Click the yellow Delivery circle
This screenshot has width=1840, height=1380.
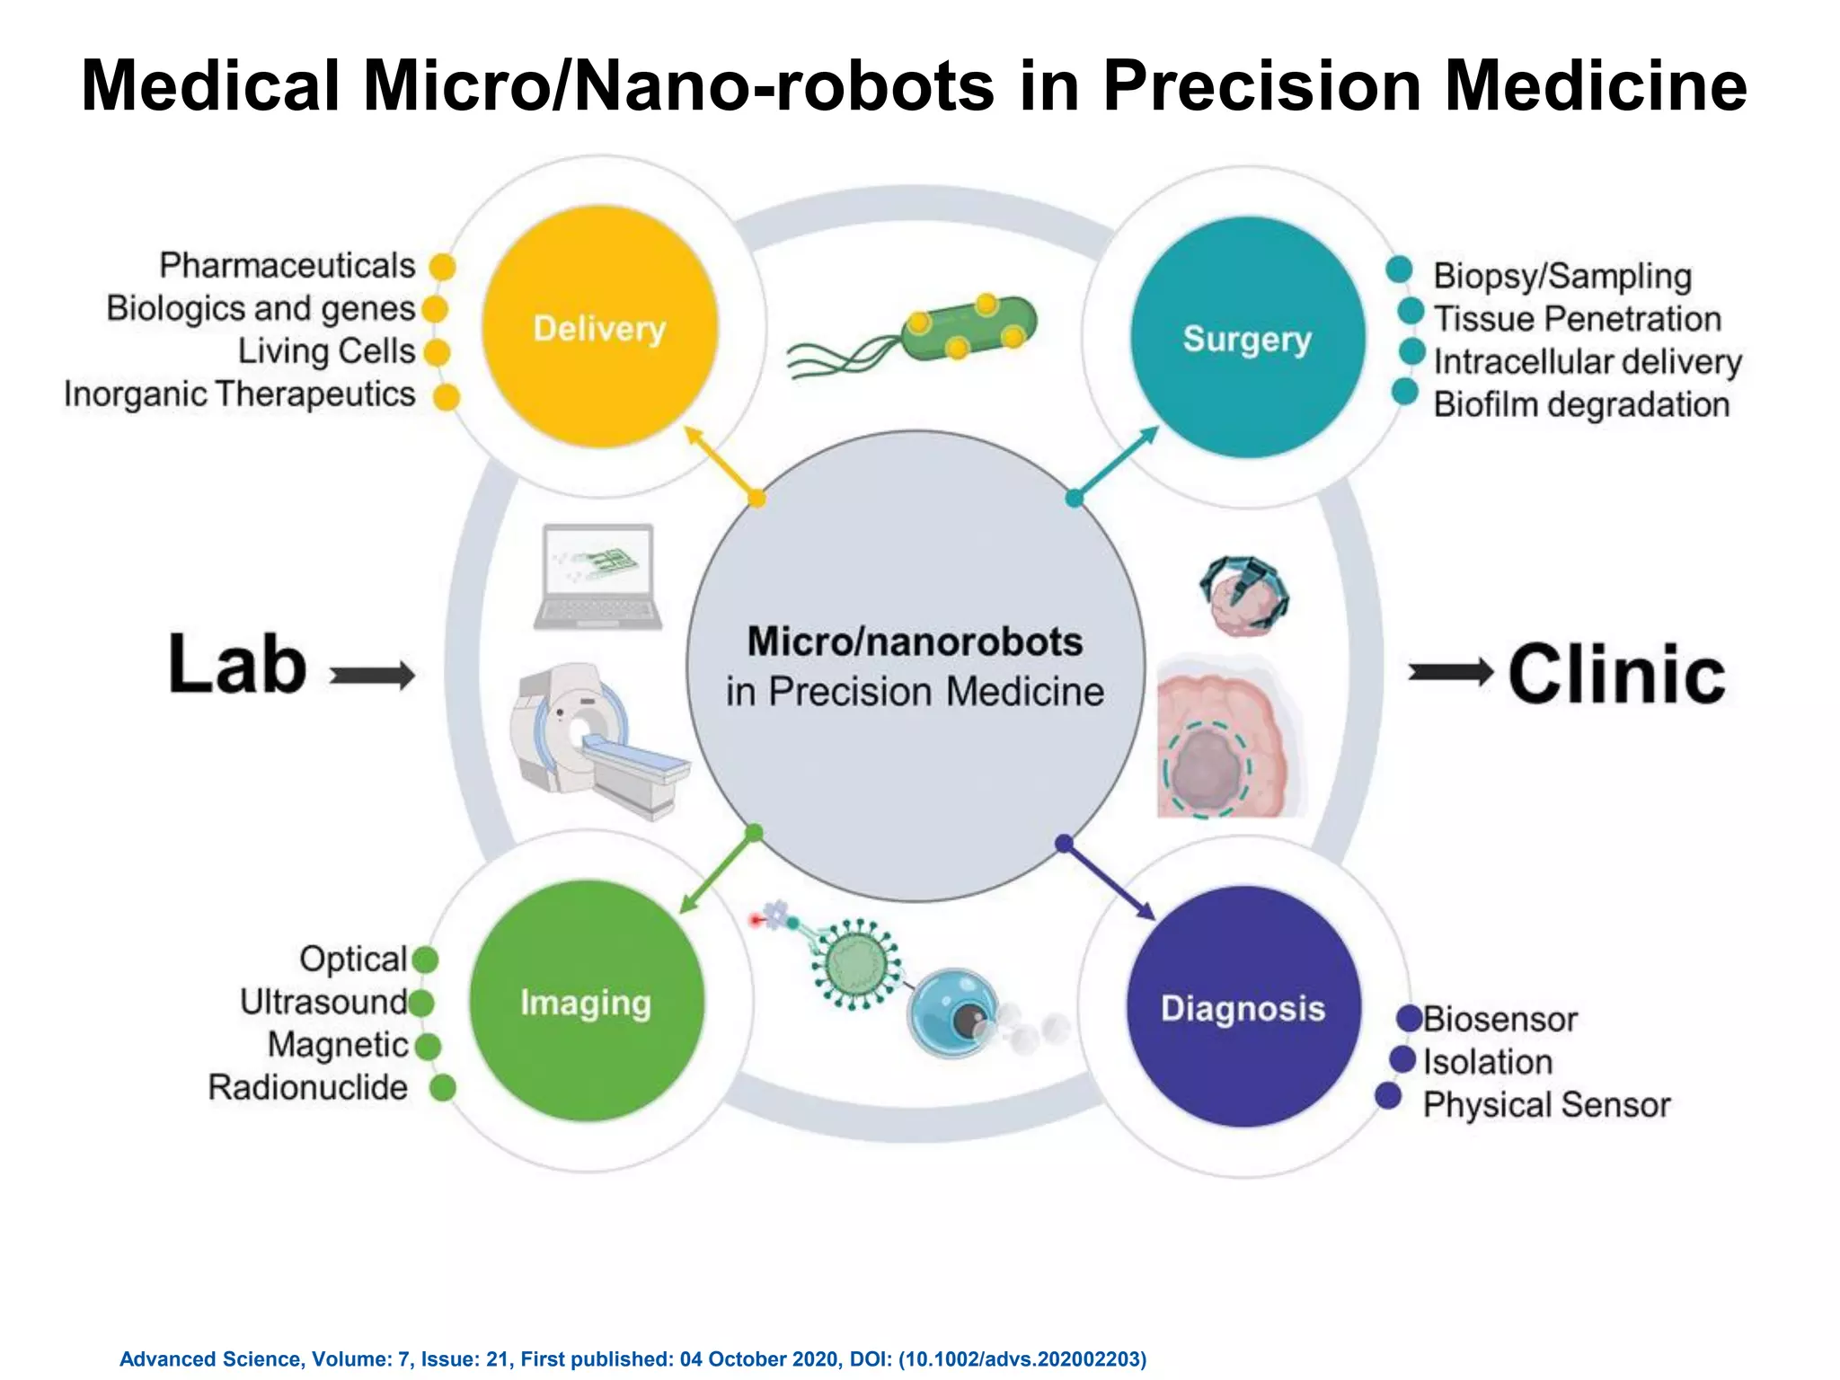[x=599, y=327]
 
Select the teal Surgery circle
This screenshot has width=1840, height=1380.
[x=1247, y=338]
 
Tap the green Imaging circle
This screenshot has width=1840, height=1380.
[x=586, y=1001]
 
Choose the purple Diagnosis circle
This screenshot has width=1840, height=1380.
[x=1243, y=1007]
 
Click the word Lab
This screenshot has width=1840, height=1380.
[x=238, y=665]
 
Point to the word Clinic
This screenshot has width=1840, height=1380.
[x=1616, y=674]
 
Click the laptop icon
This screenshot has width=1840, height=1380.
[x=597, y=577]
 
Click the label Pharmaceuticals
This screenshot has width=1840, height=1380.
[x=287, y=266]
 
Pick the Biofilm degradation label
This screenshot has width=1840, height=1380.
[x=1581, y=404]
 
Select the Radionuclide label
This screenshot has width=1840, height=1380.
[x=308, y=1087]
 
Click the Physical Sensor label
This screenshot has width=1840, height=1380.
[x=1546, y=1104]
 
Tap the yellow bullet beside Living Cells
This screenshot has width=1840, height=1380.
[x=437, y=352]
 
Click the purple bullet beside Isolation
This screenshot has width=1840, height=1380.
[x=1402, y=1059]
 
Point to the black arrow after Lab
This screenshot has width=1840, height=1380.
[x=373, y=675]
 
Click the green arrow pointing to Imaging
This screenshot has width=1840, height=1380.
[x=716, y=874]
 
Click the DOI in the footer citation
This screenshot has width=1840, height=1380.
[x=1022, y=1358]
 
